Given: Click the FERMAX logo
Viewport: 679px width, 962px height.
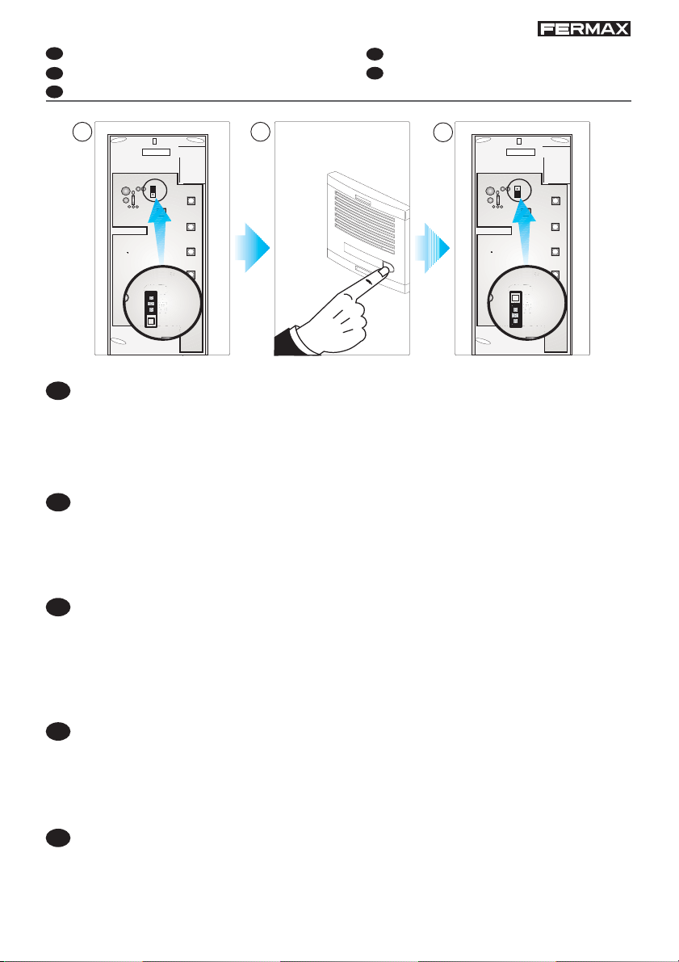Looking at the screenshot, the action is tap(585, 29).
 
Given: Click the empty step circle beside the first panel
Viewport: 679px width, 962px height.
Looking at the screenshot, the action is tap(79, 131).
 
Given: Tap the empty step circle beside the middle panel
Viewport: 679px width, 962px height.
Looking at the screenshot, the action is tap(260, 131).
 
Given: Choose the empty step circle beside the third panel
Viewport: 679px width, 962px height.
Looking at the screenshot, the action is tap(441, 131).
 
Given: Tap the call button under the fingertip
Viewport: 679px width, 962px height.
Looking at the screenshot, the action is tap(388, 267).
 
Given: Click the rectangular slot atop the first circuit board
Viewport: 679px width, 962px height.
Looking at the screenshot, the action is tap(156, 151).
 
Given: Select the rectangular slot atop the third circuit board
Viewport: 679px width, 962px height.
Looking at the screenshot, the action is tap(520, 151).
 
